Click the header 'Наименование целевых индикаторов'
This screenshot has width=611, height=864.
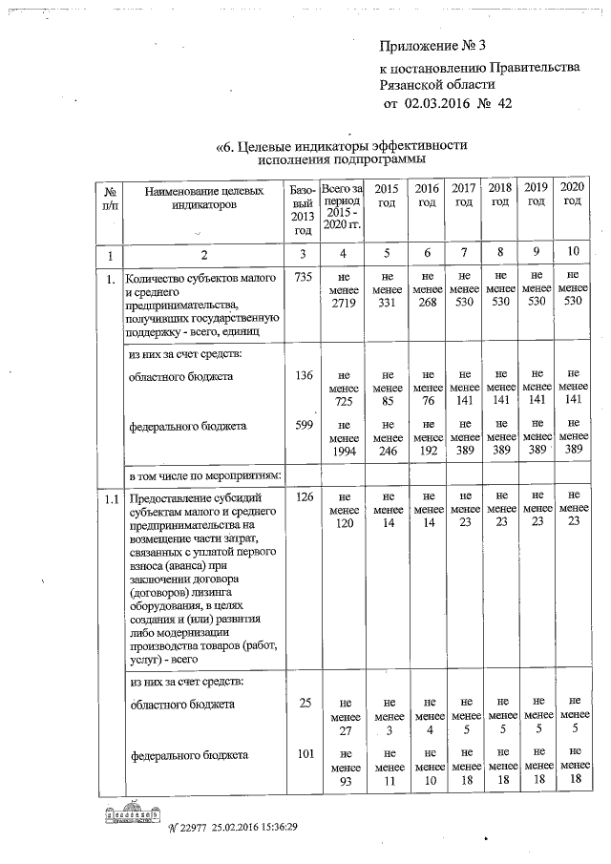coord(203,199)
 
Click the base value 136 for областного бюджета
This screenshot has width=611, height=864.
coord(304,376)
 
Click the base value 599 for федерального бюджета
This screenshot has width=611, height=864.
coord(304,426)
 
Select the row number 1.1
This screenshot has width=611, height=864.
coord(111,499)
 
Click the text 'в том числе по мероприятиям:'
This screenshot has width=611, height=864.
coord(202,474)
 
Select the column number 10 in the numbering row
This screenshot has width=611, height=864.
coord(572,255)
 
